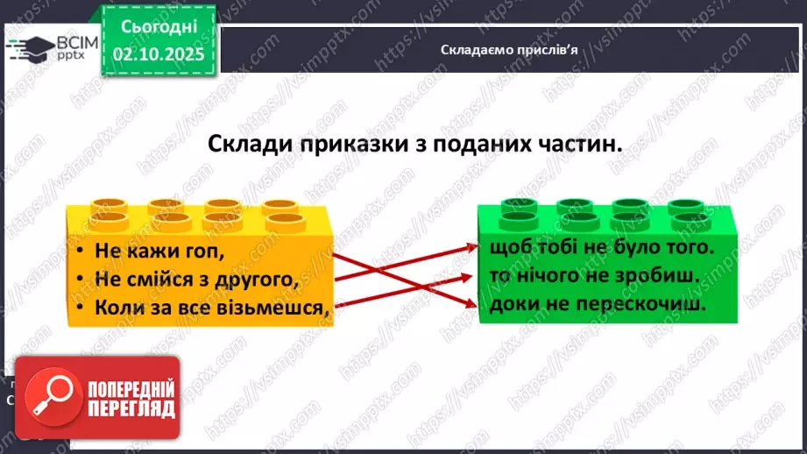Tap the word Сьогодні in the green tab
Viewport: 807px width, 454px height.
pos(158,26)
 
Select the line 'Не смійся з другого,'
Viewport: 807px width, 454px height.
pos(192,280)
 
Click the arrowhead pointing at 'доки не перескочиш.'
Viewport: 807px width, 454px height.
pos(473,305)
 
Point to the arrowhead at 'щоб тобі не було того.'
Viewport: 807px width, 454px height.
pos(473,248)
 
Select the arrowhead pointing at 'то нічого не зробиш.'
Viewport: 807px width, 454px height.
pos(473,276)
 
